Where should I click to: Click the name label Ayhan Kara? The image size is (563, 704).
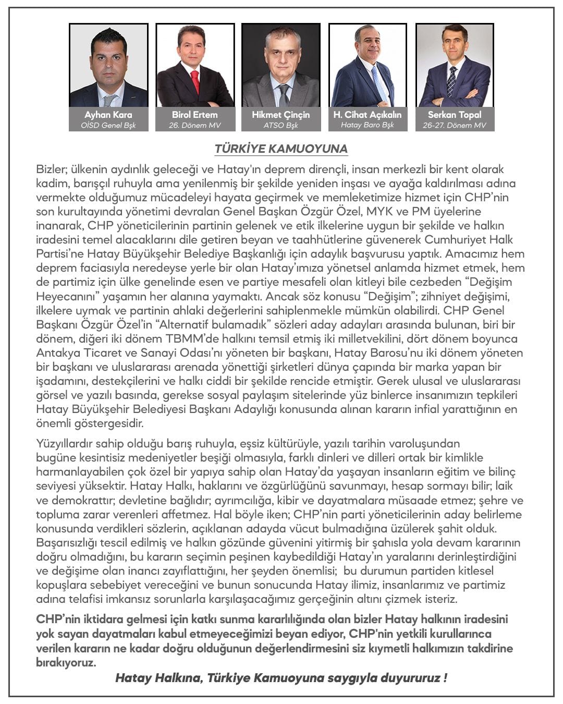108,115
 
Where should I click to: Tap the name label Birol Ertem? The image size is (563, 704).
194,115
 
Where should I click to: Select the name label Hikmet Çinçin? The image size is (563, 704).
280,115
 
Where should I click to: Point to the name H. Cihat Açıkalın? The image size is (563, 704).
368,115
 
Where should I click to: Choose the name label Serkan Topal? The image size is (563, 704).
455,115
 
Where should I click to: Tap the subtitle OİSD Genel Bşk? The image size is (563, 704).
108,126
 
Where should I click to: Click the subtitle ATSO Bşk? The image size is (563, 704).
280,126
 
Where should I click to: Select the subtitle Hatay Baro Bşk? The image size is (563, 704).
368,126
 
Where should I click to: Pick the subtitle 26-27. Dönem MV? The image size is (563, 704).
455,126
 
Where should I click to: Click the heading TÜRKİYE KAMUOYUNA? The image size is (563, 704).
281,149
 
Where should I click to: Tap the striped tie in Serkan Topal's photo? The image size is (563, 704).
451,81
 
